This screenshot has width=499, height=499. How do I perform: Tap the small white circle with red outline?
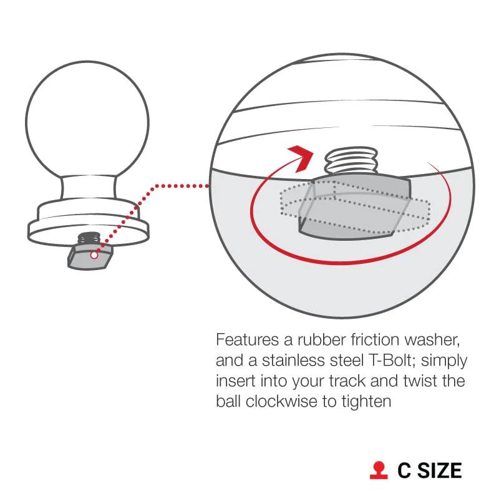coord(94,255)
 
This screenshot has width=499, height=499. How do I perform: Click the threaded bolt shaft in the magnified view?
coord(351,161)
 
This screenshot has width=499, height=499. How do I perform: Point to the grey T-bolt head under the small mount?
coord(90,257)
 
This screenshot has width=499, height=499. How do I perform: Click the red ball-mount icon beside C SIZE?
coord(379,470)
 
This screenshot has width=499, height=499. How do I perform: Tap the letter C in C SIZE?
coord(404,470)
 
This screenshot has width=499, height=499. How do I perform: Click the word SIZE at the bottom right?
coord(440,470)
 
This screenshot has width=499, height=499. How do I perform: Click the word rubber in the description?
coord(321,339)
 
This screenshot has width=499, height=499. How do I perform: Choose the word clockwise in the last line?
coord(282,401)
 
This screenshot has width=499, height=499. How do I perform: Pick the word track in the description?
coord(347,381)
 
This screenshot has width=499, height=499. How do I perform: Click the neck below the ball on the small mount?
coord(89,188)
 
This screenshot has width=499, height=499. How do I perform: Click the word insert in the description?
coord(235,381)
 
